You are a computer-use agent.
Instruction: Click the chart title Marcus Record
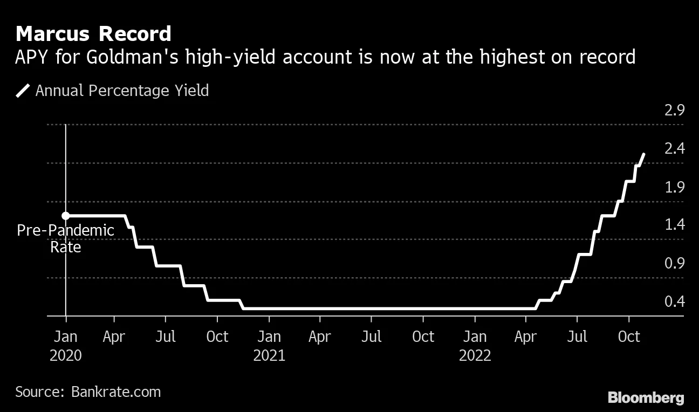(x=93, y=33)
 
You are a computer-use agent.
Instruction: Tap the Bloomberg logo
(x=646, y=398)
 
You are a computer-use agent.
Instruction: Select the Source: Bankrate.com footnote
(x=88, y=392)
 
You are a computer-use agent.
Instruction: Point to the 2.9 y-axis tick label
(x=675, y=111)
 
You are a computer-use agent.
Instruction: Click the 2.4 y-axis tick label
(x=675, y=148)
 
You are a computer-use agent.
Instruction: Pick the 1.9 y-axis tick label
(x=675, y=187)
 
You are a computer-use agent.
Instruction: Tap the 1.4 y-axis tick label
(x=675, y=225)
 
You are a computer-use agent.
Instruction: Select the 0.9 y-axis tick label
(x=675, y=263)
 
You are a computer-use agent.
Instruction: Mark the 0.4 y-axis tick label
(x=675, y=301)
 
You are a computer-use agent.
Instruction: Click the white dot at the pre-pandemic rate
(x=65, y=216)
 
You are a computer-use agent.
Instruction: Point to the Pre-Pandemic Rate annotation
(x=65, y=239)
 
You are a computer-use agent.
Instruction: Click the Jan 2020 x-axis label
(x=65, y=346)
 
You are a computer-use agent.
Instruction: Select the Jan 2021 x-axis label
(x=269, y=346)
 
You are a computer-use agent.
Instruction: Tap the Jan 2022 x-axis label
(x=475, y=346)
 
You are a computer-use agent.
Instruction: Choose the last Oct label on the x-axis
(x=628, y=337)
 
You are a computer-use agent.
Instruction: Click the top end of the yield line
(x=643, y=154)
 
